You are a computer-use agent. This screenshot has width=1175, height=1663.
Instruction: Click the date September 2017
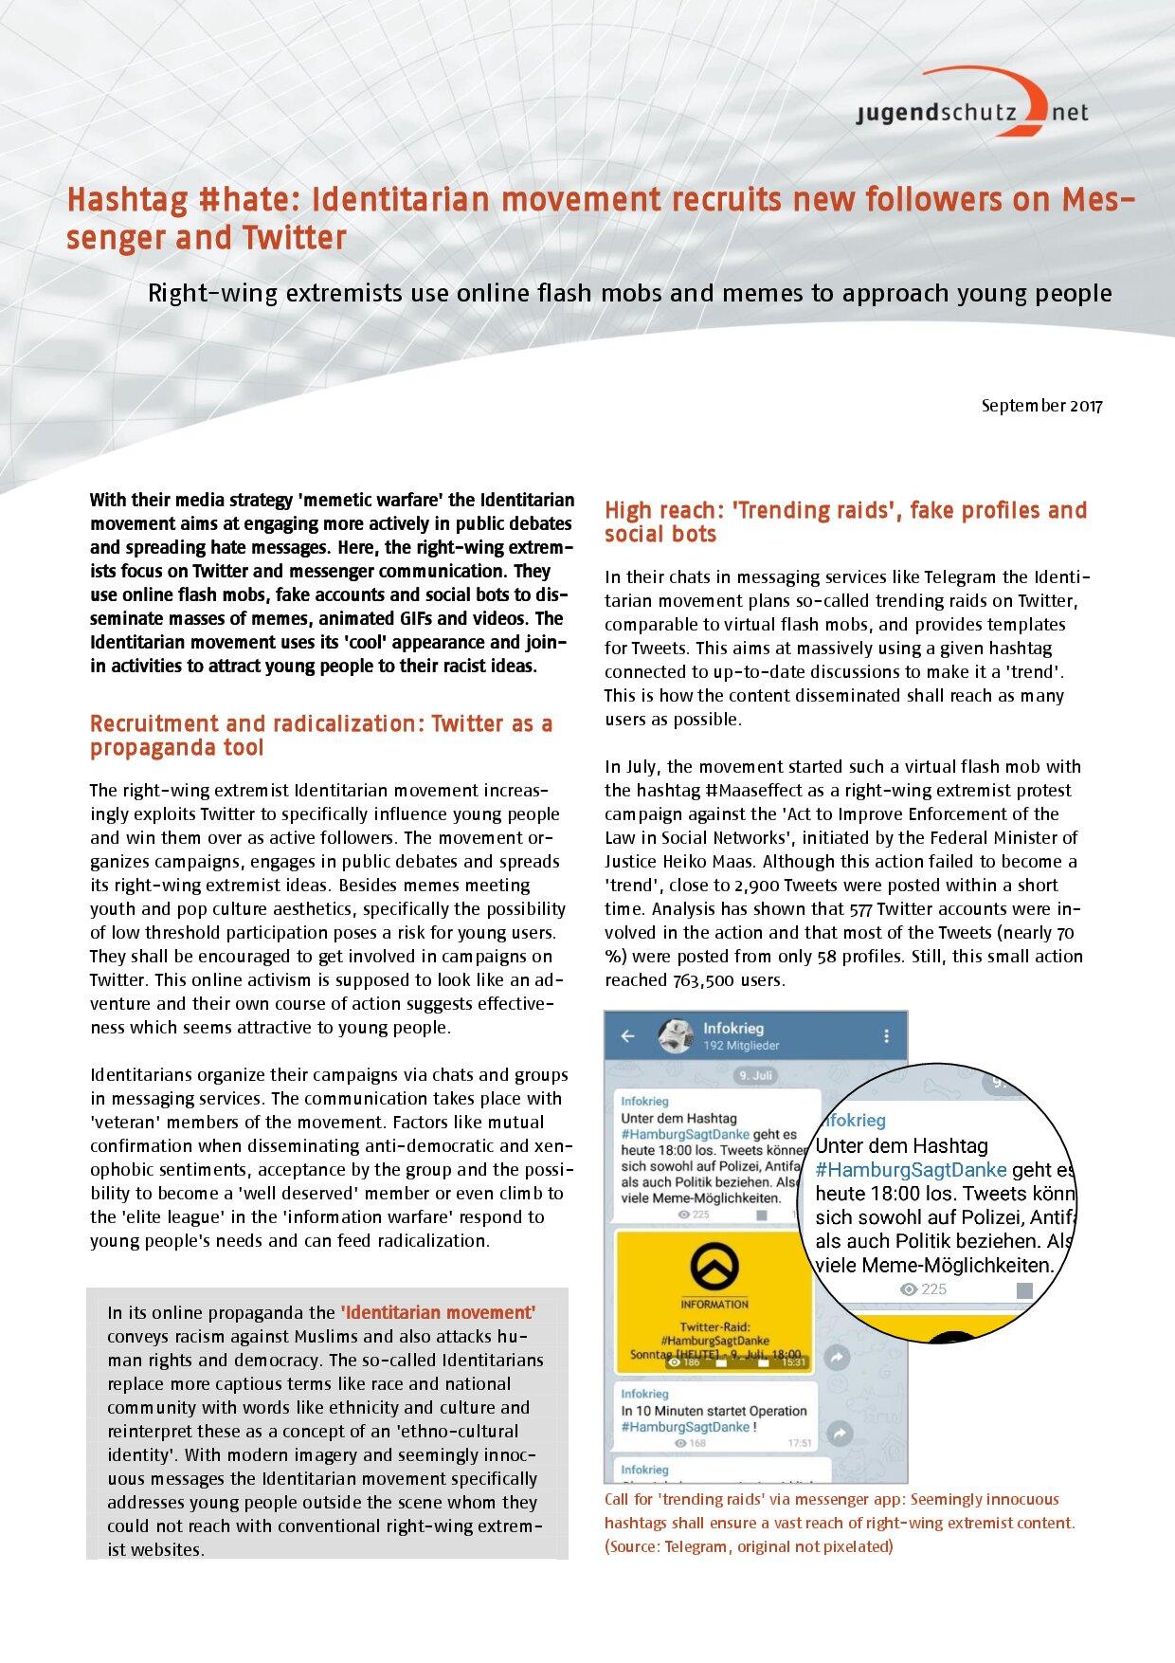(1041, 406)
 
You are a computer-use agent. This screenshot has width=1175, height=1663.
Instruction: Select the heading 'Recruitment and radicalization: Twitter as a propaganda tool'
(321, 735)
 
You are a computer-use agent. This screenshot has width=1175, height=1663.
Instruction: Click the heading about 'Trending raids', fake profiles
(845, 521)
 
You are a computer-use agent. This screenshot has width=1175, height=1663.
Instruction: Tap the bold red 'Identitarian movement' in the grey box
(438, 1312)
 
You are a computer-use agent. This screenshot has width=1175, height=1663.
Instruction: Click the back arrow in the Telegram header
(627, 1036)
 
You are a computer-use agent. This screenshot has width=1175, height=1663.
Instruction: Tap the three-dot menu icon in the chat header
(886, 1036)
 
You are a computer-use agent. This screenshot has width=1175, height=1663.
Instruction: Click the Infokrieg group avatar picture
(676, 1036)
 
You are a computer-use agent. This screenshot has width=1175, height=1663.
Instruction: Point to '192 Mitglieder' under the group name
(741, 1046)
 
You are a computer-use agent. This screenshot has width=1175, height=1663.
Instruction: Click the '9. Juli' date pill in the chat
(755, 1076)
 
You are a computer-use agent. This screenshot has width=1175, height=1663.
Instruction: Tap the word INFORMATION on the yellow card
(714, 1304)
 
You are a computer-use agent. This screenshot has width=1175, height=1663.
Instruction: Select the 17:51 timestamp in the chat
(799, 1443)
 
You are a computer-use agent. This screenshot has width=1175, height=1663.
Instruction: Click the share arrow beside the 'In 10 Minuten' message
(838, 1433)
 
